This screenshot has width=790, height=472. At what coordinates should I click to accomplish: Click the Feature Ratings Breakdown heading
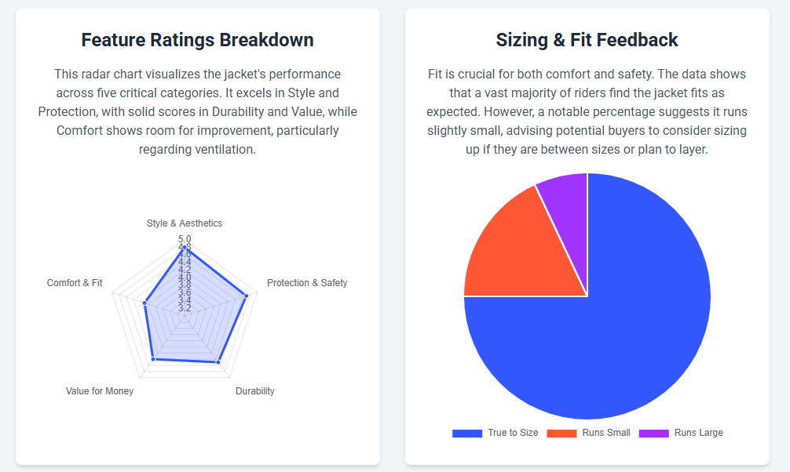(x=197, y=40)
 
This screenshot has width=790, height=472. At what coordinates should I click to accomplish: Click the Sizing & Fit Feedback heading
(x=587, y=40)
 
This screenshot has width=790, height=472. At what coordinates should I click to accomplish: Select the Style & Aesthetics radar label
(x=185, y=223)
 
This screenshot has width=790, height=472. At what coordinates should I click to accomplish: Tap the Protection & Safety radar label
(x=306, y=283)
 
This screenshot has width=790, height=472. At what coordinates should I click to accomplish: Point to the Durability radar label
(x=255, y=391)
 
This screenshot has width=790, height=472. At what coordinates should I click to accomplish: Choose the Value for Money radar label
(x=100, y=391)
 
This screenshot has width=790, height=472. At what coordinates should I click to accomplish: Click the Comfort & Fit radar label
(x=75, y=283)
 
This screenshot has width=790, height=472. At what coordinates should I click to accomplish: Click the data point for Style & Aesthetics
(x=185, y=248)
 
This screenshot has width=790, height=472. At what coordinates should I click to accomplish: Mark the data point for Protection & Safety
(x=246, y=296)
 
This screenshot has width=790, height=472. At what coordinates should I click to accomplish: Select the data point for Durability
(x=218, y=362)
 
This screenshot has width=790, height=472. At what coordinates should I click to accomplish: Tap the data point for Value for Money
(x=153, y=359)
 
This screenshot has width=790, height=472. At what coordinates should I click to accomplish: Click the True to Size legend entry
(x=496, y=433)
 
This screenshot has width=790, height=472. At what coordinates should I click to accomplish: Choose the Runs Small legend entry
(x=589, y=433)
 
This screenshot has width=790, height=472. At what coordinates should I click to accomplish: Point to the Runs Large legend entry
(x=682, y=433)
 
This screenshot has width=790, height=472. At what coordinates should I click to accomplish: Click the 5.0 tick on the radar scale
(x=185, y=239)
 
